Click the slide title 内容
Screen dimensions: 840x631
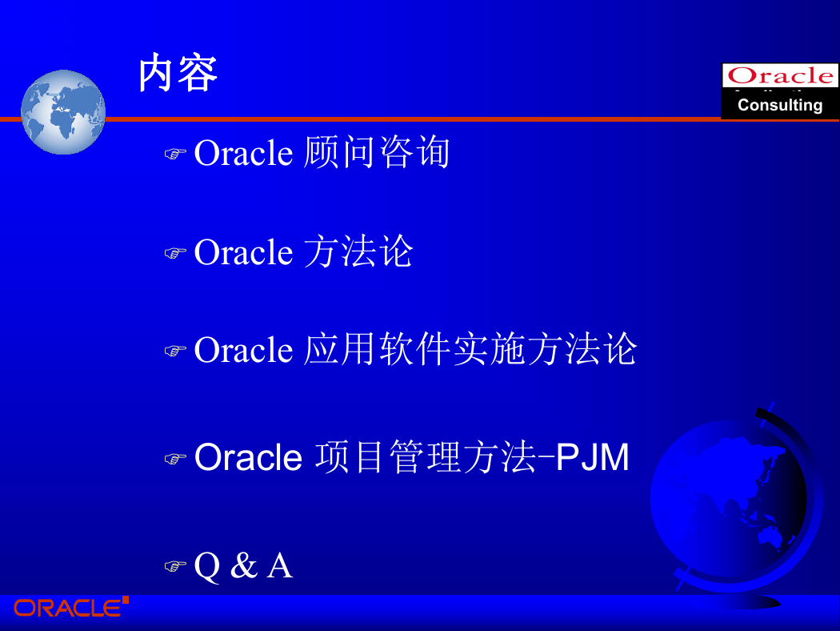pos(178,73)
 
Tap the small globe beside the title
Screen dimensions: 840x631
pos(63,112)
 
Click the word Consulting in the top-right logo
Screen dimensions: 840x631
pos(780,105)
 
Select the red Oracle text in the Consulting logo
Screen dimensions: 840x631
pos(780,75)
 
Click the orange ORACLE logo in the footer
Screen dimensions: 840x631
pos(70,607)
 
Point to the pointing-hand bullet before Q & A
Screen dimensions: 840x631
pos(174,565)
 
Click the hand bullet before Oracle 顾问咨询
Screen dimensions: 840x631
pos(174,154)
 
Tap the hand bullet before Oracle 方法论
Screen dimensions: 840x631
pos(174,252)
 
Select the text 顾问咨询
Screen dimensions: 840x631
pos(377,152)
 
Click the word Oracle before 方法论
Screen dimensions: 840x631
pos(243,252)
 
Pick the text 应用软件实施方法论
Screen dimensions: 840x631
pos(470,350)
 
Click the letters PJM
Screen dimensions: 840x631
pos(593,457)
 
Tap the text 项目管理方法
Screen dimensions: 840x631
pos(426,457)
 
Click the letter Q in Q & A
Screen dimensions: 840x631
pos(207,566)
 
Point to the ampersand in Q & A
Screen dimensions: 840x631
pos(244,565)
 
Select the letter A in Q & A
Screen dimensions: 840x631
pos(280,565)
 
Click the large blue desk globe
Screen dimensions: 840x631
pos(734,504)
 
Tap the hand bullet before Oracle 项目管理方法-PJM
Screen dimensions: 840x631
pos(174,458)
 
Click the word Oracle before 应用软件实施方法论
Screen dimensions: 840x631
pos(243,350)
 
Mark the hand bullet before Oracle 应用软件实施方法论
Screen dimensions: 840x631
pos(174,351)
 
